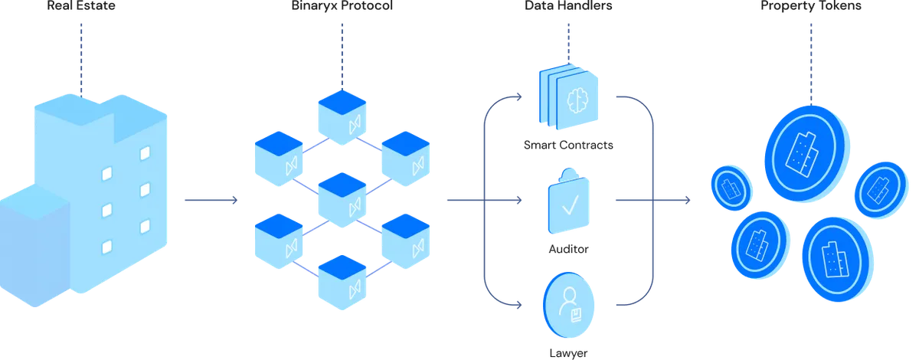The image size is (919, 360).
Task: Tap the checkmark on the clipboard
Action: tap(571, 205)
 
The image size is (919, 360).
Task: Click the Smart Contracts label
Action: tap(568, 145)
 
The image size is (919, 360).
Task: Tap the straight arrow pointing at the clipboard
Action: tap(490, 201)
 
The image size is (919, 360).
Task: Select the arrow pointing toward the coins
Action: tap(651, 201)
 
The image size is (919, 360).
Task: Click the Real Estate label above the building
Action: tap(81, 6)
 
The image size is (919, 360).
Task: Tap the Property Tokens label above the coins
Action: tap(811, 6)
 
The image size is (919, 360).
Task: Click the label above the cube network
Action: tap(342, 6)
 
